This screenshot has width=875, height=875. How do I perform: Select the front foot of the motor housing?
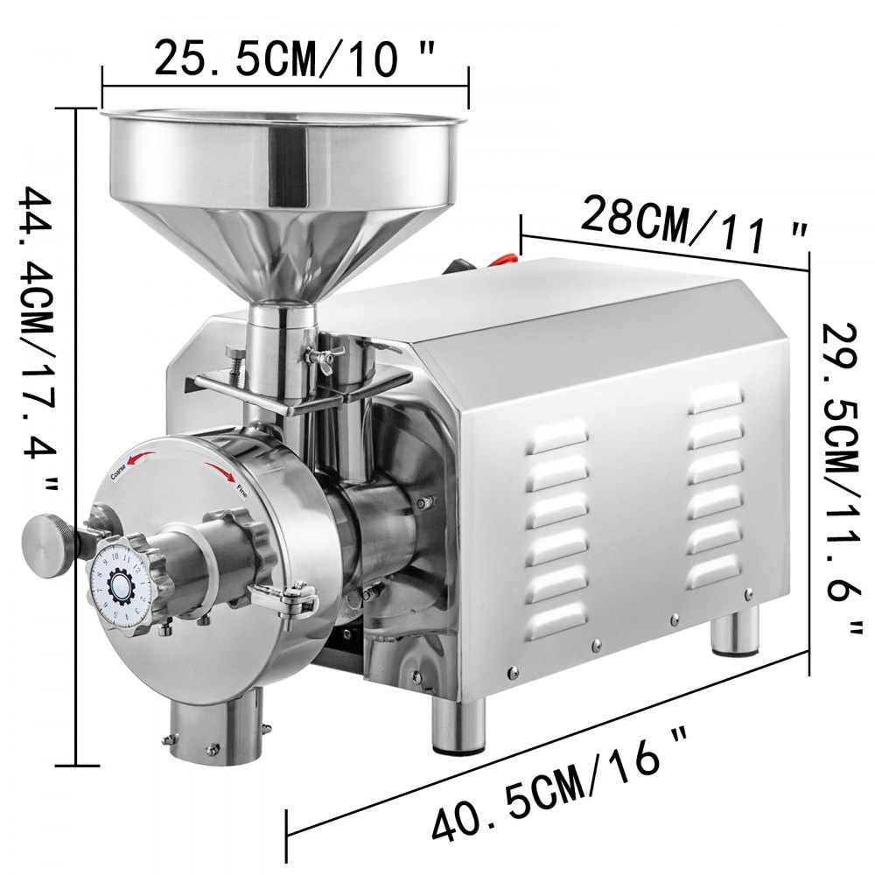(x=458, y=726)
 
